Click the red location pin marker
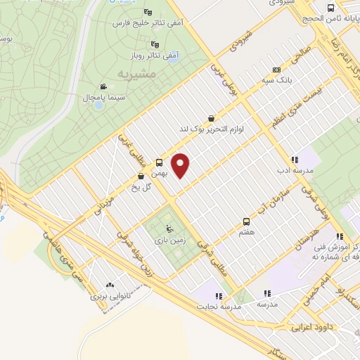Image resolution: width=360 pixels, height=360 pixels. [182, 165]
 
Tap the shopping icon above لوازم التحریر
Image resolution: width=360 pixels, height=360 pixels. [212, 118]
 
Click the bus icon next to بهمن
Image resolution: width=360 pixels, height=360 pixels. [159, 162]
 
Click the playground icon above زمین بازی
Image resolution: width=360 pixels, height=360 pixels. [169, 228]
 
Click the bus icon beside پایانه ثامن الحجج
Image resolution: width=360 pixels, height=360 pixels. [331, 9]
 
